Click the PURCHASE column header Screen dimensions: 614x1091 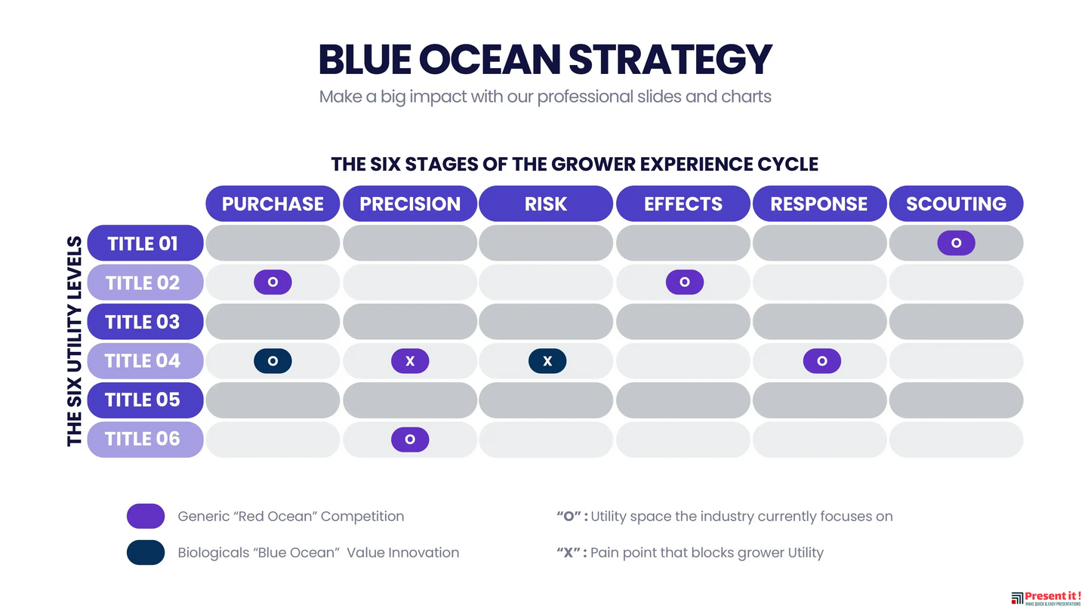pyautogui.click(x=273, y=204)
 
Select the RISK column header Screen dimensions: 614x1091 pyautogui.click(x=546, y=204)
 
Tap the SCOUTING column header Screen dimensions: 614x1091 pyautogui.click(x=956, y=204)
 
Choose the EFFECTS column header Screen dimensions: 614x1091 pyautogui.click(x=683, y=204)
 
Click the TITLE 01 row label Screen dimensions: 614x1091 pyautogui.click(x=145, y=243)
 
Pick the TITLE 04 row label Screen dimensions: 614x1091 pyautogui.click(x=145, y=361)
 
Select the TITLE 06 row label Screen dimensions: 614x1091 pyautogui.click(x=145, y=439)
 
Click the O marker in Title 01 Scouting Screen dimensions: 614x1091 pyautogui.click(x=956, y=243)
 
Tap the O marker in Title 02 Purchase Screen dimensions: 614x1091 pyautogui.click(x=273, y=282)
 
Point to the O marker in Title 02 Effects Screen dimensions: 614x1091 pyautogui.click(x=684, y=282)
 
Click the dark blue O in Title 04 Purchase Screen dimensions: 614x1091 pyautogui.click(x=273, y=361)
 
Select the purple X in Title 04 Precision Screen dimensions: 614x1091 pyautogui.click(x=410, y=361)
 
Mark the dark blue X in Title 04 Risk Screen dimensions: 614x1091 pyautogui.click(x=547, y=361)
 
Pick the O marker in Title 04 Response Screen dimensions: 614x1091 pyautogui.click(x=821, y=361)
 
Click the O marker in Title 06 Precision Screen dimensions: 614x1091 pyautogui.click(x=410, y=439)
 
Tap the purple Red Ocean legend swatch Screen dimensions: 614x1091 pyautogui.click(x=146, y=517)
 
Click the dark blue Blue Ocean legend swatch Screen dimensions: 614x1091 pyautogui.click(x=146, y=552)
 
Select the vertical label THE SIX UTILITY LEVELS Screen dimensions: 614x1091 pyautogui.click(x=74, y=341)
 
